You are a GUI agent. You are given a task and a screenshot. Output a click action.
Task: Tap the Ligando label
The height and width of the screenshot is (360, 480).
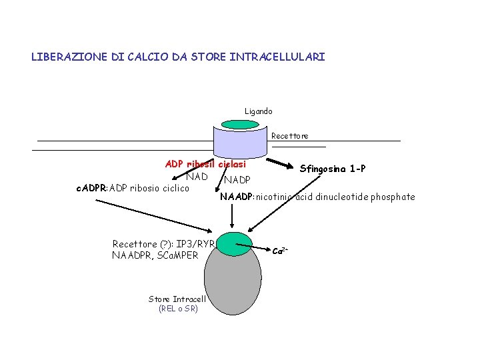coord(258,111)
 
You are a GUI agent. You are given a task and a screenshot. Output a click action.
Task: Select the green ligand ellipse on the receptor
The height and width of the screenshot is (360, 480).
coord(239,125)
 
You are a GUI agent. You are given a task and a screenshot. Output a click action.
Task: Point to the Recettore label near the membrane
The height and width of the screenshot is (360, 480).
coord(289,136)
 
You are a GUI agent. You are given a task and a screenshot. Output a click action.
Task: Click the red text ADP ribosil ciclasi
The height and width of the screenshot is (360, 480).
coord(205,164)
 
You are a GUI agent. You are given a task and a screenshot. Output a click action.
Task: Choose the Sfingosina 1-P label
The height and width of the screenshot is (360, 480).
coord(333,169)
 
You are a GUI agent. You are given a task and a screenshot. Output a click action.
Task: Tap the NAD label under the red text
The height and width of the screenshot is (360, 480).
coord(197,177)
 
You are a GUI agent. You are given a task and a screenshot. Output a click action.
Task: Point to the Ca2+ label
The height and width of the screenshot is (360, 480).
coord(280,251)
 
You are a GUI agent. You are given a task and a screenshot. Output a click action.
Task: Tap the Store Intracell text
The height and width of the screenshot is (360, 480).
coord(177,299)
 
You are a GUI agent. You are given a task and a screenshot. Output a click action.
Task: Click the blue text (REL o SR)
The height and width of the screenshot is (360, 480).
coord(178,309)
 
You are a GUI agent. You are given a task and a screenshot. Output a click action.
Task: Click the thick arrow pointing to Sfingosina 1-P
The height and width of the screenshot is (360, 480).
coord(280,165)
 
